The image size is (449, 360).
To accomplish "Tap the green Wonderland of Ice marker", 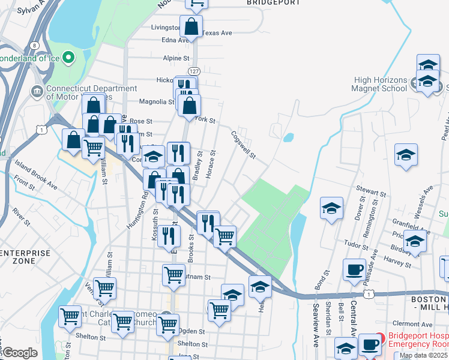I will pyautogui.click(x=68, y=58).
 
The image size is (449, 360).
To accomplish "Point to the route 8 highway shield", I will pyautogui.click(x=35, y=45).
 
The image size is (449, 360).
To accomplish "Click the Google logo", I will pyautogui.click(x=19, y=353).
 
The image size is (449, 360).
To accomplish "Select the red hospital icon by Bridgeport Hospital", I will pyautogui.click(x=379, y=340).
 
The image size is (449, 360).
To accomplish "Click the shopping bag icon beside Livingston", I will pyautogui.click(x=191, y=26).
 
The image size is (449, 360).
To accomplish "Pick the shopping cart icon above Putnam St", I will pyautogui.click(x=173, y=274).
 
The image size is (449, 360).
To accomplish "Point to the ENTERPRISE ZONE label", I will pyautogui.click(x=25, y=257).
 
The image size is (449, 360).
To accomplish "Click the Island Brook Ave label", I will pyautogui.click(x=37, y=178).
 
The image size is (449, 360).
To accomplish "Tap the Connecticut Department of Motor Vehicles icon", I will pyautogui.click(x=37, y=92).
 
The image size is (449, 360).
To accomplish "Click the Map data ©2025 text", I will pyautogui.click(x=423, y=355).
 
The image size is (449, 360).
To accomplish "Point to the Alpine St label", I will pyautogui.click(x=176, y=58).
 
